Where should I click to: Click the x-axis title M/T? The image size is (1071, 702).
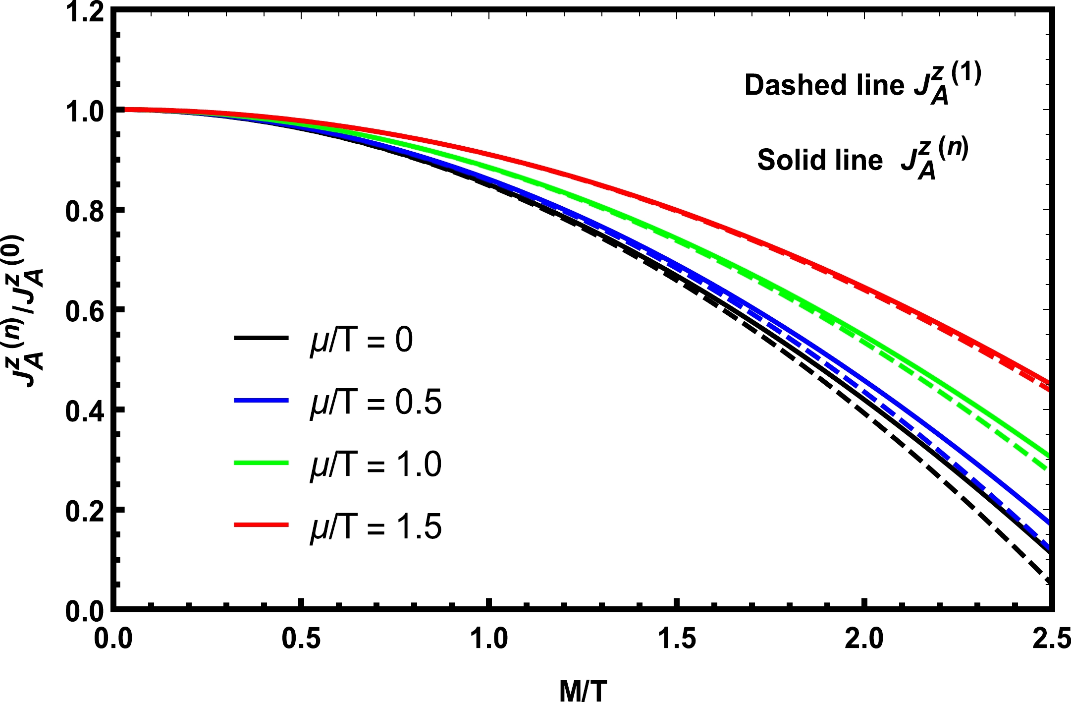click(583, 690)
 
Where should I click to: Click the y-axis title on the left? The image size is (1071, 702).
click(29, 311)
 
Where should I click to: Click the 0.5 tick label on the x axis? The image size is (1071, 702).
click(301, 638)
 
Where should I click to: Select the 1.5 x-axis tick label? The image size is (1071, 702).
click(677, 638)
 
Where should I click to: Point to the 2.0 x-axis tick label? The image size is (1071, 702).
click(864, 638)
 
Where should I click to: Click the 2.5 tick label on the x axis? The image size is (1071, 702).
click(1051, 638)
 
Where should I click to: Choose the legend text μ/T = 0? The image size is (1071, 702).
click(361, 340)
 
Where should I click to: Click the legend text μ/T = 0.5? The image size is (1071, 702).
click(375, 402)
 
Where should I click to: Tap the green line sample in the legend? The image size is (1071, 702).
click(261, 463)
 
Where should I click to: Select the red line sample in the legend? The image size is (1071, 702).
click(261, 525)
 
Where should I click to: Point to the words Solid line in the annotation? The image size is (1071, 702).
click(820, 160)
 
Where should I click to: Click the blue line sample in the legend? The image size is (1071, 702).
click(261, 400)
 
